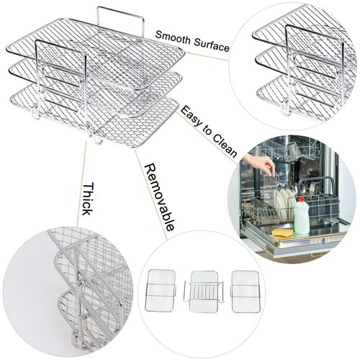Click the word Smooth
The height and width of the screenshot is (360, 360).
pos(174,35)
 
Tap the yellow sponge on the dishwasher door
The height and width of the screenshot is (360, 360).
pos(282,233)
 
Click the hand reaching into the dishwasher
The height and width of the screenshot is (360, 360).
pos(258,163)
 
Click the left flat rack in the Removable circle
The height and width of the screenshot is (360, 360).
pos(160,291)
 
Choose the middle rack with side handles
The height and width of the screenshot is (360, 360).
pos(204,292)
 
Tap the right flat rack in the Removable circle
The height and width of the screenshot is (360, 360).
pos(246,291)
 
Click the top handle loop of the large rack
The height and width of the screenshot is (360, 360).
pos(120,16)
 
